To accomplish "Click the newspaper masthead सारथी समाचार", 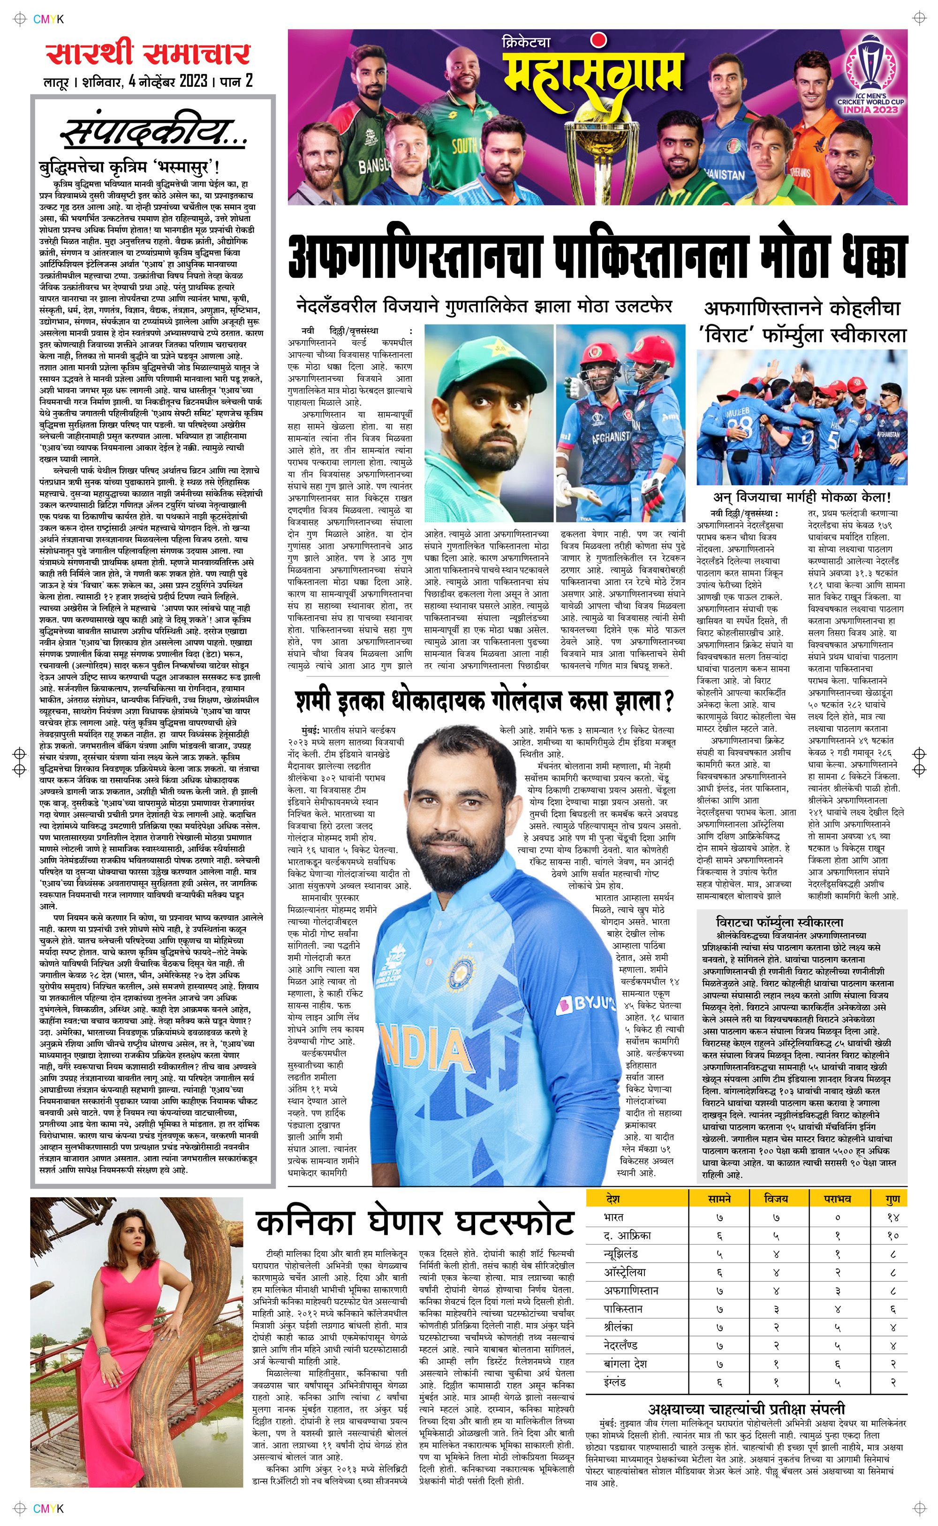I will tap(148, 54).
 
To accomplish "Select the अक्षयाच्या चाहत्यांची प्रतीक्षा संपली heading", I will tap(746, 1409).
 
